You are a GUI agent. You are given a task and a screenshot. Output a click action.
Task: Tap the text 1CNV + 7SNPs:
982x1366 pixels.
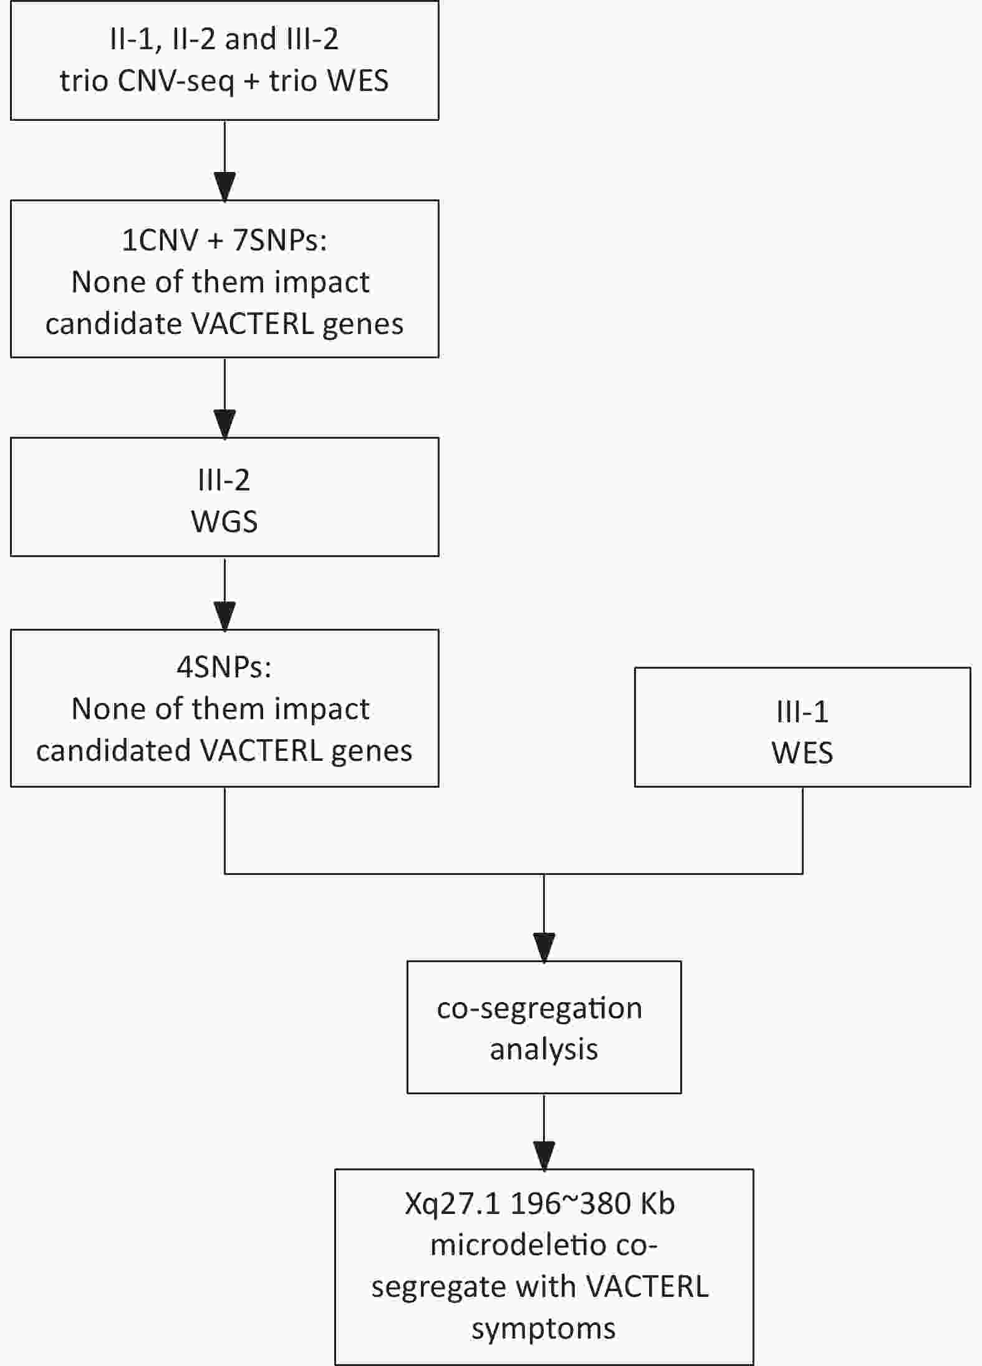(224, 240)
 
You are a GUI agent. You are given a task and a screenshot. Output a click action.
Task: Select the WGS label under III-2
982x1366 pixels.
(224, 522)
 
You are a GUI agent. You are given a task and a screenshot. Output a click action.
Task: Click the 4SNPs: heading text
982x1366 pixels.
(224, 667)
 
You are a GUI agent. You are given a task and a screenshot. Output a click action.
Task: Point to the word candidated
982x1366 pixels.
(113, 750)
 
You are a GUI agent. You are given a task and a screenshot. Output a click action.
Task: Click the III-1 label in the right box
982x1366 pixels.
(802, 712)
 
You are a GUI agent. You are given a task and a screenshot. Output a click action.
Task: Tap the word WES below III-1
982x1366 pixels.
(802, 753)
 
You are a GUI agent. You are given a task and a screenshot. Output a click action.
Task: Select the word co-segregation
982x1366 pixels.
(539, 1008)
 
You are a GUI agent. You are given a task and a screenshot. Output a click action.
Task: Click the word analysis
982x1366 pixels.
(544, 1049)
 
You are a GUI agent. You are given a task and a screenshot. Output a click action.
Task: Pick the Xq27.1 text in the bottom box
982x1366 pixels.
(453, 1204)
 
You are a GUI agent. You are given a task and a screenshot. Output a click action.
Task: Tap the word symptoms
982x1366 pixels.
(544, 1330)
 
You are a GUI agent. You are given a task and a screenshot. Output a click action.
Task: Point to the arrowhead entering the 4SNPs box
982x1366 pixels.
(224, 616)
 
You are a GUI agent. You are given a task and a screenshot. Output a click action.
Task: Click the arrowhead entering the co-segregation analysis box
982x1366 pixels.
(544, 947)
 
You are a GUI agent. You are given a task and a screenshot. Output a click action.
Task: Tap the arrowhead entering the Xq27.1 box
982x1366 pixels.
(544, 1155)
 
